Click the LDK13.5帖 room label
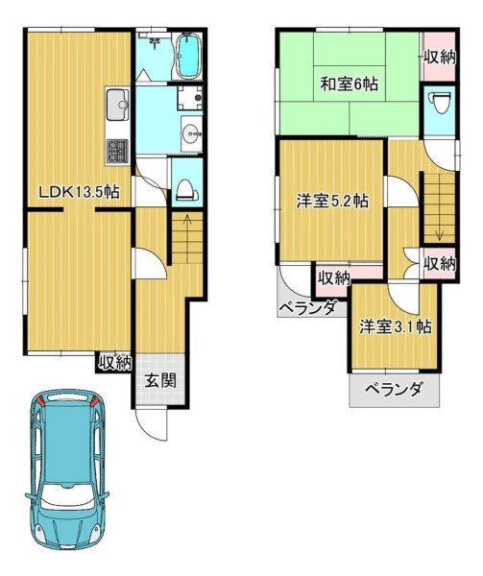pyautogui.click(x=79, y=191)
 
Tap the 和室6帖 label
pyautogui.click(x=349, y=84)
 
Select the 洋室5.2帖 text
pyautogui.click(x=332, y=201)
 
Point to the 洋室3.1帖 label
pyautogui.click(x=396, y=326)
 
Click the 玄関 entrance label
pyautogui.click(x=160, y=380)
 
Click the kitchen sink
pyautogui.click(x=118, y=105)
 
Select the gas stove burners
pyautogui.click(x=117, y=152)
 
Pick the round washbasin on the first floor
pyautogui.click(x=191, y=134)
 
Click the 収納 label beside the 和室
pyautogui.click(x=440, y=58)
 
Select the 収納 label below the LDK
pyautogui.click(x=114, y=363)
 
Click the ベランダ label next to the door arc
pyautogui.click(x=307, y=308)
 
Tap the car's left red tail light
pyautogui.click(x=40, y=401)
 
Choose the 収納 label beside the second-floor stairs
pyautogui.click(x=440, y=263)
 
